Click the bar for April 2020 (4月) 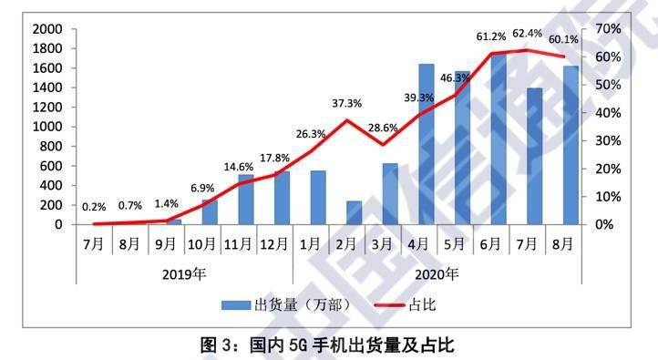(x=426, y=146)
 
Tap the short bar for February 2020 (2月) (x=355, y=212)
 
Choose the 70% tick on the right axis (x=605, y=29)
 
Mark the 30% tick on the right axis (x=605, y=141)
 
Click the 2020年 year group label (x=437, y=273)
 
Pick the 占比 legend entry (x=416, y=304)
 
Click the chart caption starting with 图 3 (x=327, y=345)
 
